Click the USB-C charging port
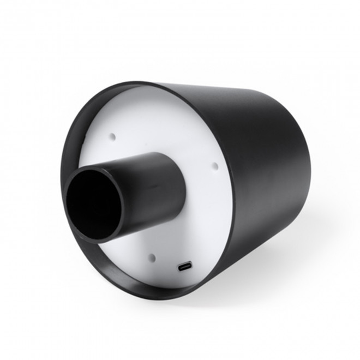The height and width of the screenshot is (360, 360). (x=184, y=267)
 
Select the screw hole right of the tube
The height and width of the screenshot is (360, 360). (x=214, y=165)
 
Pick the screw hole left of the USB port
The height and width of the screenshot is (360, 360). (x=152, y=257)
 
